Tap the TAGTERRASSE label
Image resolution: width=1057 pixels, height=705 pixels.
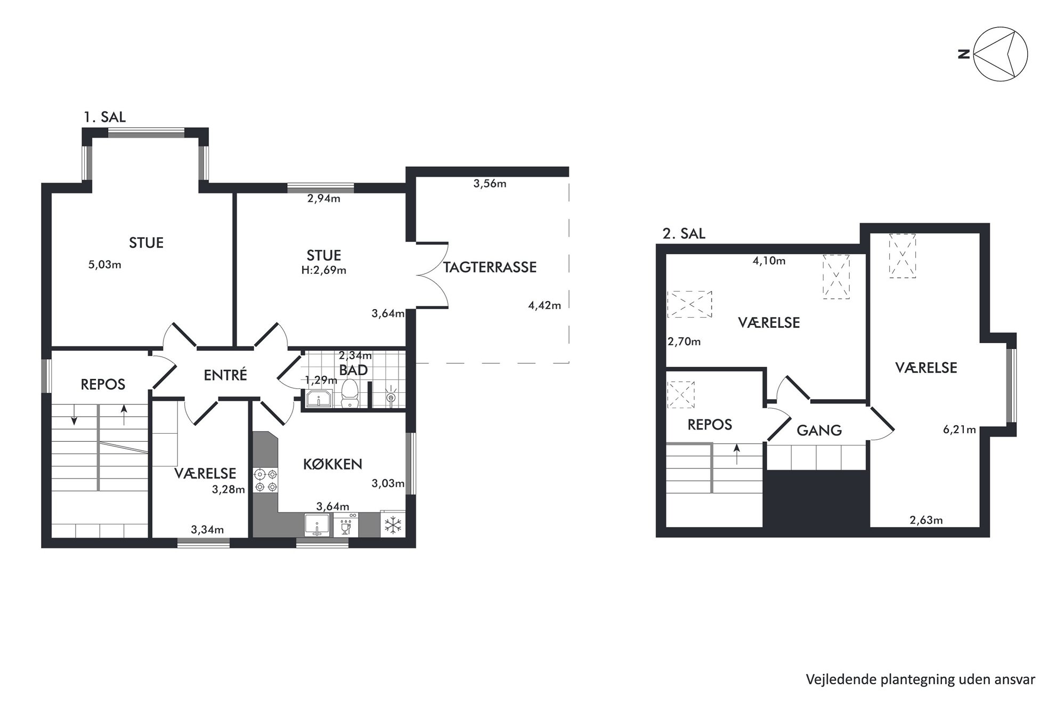pyautogui.click(x=490, y=267)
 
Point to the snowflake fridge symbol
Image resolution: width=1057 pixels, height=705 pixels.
pyautogui.click(x=393, y=524)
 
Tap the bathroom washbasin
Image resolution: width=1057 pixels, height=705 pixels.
pyautogui.click(x=319, y=399)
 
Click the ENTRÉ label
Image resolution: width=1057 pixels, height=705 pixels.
pyautogui.click(x=225, y=375)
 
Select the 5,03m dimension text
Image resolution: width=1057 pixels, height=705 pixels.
pyautogui.click(x=104, y=264)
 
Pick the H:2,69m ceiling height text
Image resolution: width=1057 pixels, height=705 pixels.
pyautogui.click(x=324, y=270)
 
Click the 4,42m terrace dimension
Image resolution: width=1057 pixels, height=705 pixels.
pyautogui.click(x=544, y=305)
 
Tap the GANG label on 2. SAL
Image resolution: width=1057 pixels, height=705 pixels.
pyautogui.click(x=819, y=430)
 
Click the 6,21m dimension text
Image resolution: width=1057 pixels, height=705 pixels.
pyautogui.click(x=960, y=430)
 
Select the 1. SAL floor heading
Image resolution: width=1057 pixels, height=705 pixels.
pyautogui.click(x=104, y=117)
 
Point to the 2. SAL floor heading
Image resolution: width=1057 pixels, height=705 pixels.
pyautogui.click(x=684, y=233)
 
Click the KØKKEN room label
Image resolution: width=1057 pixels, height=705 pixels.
pyautogui.click(x=332, y=464)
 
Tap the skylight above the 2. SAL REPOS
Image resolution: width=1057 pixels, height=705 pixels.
pyautogui.click(x=681, y=394)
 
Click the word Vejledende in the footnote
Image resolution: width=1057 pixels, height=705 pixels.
pyautogui.click(x=832, y=679)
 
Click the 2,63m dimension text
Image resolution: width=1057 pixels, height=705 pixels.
pyautogui.click(x=926, y=520)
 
